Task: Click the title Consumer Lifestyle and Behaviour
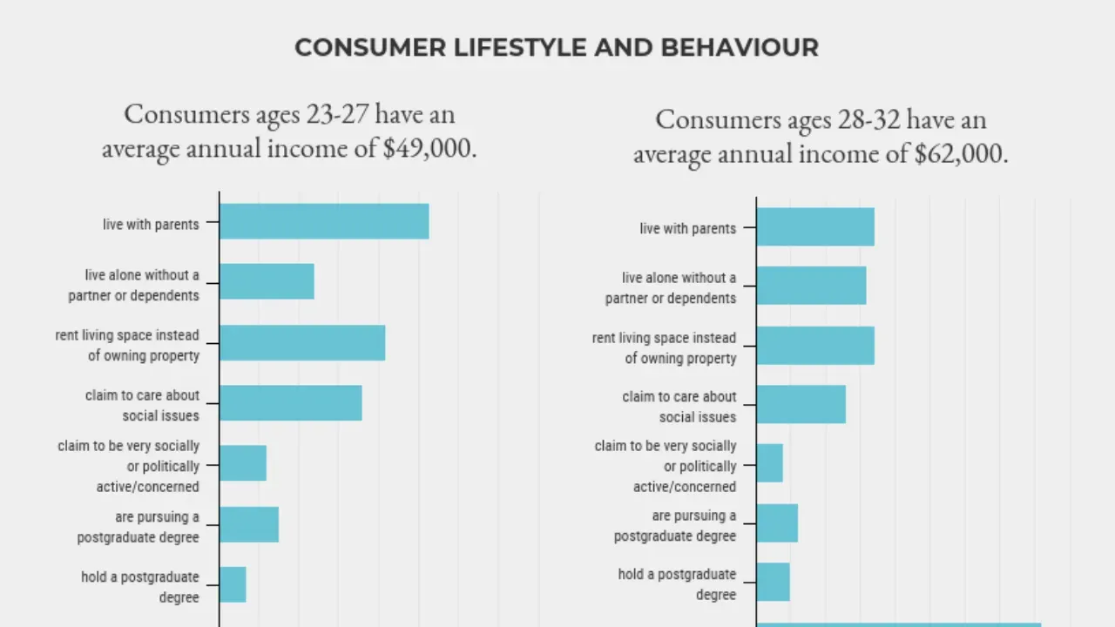(x=557, y=48)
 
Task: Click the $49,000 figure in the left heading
(x=429, y=148)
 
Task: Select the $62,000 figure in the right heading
(x=961, y=154)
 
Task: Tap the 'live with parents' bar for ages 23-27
(x=324, y=221)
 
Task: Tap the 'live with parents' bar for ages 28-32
(x=815, y=227)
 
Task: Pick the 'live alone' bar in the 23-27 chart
(x=267, y=281)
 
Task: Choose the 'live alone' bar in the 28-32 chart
(x=811, y=286)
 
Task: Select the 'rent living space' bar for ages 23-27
(x=302, y=342)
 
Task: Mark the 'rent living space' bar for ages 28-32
(x=815, y=346)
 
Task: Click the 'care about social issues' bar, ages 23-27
(x=291, y=403)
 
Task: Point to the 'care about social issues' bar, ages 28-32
(x=801, y=404)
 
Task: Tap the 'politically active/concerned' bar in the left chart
(x=243, y=463)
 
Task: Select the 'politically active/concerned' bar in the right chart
(x=770, y=463)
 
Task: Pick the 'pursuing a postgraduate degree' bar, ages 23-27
(x=249, y=524)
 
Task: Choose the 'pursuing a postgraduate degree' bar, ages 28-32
(x=777, y=523)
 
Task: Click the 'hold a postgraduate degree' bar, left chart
(x=233, y=584)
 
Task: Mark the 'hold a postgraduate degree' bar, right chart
(x=774, y=582)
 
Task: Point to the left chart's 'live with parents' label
(x=151, y=225)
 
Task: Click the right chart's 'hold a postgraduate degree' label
(x=677, y=584)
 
